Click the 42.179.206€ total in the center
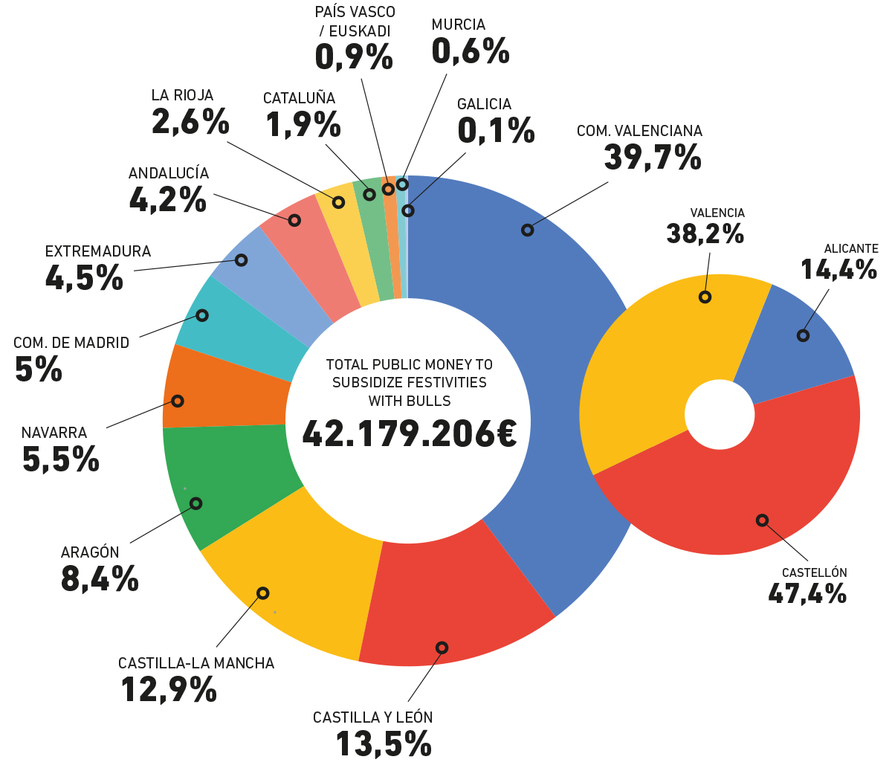(410, 433)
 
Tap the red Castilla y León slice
(453, 602)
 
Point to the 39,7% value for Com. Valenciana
(653, 157)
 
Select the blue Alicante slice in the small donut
(795, 342)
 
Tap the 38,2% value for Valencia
(705, 234)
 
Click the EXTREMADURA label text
(98, 251)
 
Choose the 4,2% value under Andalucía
(167, 200)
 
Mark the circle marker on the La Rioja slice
(338, 202)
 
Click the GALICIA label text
(484, 104)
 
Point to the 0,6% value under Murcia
(470, 51)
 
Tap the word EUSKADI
(360, 31)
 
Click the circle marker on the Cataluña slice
(369, 194)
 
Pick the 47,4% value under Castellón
(807, 594)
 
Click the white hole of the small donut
(719, 414)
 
